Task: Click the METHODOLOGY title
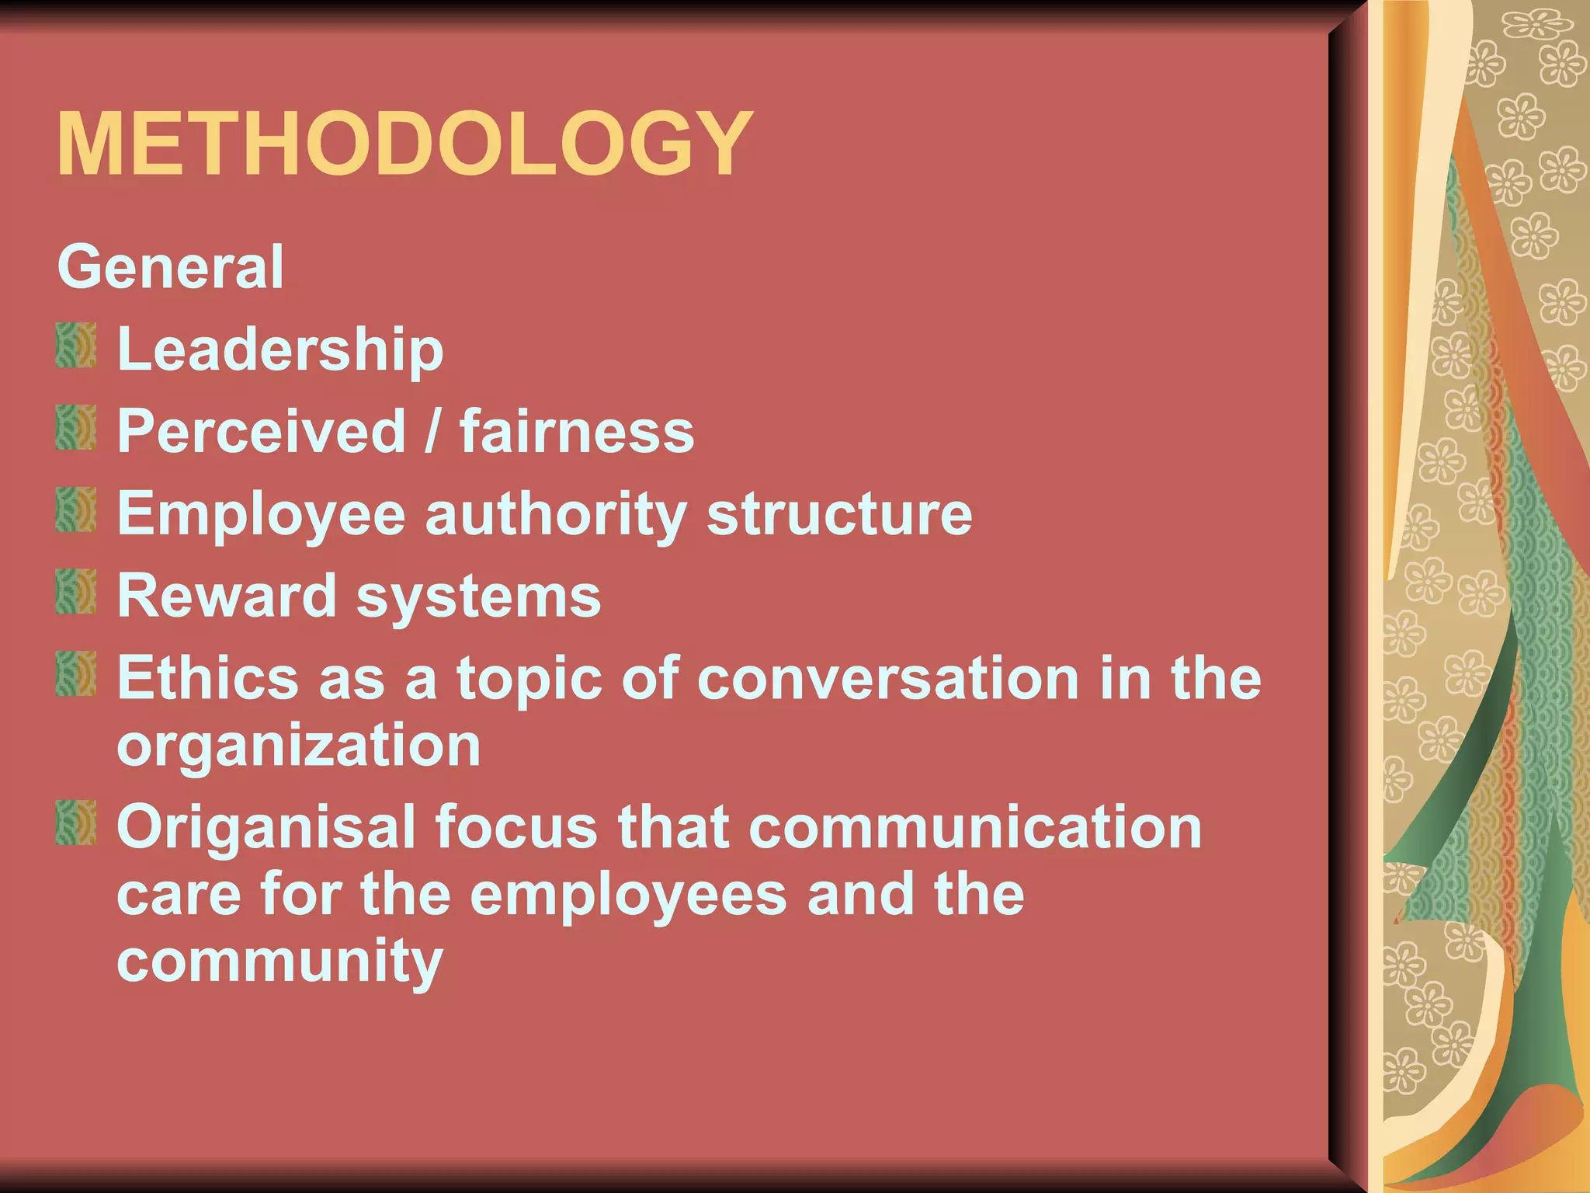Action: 404,145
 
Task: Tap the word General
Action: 171,267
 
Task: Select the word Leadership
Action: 280,351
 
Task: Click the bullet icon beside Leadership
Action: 76,346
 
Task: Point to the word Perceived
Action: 262,431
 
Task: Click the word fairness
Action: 577,431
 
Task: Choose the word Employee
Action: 262,516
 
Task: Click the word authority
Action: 556,516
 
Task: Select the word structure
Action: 839,514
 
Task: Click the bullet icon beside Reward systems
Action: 76,592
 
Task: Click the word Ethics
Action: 207,678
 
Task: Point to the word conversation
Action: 888,678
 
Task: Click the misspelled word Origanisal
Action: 266,828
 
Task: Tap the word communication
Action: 975,827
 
